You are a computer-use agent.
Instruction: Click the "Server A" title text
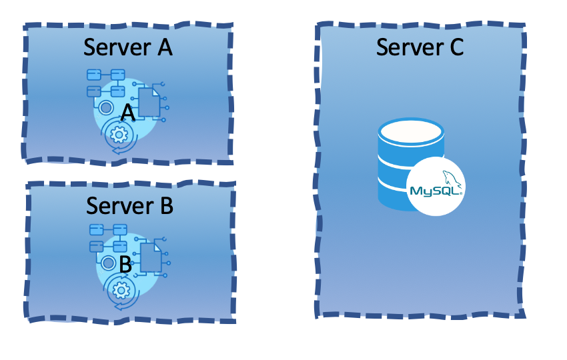(128, 47)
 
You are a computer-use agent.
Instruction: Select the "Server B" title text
(129, 206)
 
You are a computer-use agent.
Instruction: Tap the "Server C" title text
(420, 47)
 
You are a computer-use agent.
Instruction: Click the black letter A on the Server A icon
(128, 115)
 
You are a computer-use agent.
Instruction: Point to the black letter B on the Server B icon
(125, 264)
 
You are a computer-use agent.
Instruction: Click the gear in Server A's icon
(119, 135)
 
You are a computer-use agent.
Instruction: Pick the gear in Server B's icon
(121, 291)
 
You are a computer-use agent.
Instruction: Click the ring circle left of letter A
(105, 107)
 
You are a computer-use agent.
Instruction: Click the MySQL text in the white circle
(434, 191)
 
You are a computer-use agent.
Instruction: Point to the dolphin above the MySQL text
(450, 178)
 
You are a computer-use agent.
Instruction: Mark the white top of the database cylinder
(411, 131)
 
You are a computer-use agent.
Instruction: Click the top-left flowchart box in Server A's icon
(93, 74)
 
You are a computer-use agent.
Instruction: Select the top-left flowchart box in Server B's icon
(96, 230)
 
